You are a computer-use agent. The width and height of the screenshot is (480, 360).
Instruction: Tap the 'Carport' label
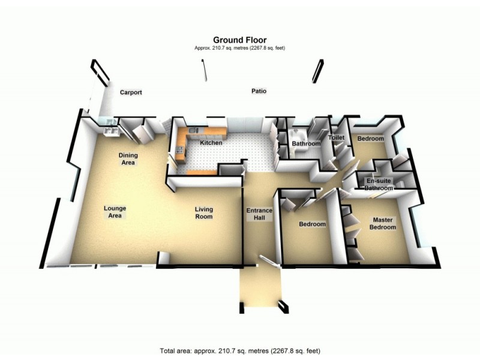[131, 92]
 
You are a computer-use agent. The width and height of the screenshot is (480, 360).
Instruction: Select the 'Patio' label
[259, 91]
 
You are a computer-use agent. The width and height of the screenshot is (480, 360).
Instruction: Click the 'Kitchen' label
[211, 143]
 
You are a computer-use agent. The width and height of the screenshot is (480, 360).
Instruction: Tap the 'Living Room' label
[203, 213]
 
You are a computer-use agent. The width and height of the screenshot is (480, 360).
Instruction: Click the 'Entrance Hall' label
[260, 214]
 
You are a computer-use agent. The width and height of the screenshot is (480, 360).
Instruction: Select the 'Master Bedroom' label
[382, 223]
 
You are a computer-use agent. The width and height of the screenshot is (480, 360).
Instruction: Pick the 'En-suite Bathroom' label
[379, 184]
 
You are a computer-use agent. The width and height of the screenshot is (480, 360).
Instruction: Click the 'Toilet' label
[335, 138]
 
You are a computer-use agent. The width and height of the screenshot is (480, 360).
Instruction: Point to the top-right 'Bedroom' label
[370, 139]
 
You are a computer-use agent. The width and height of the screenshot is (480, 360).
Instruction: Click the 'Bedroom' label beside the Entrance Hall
[312, 224]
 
